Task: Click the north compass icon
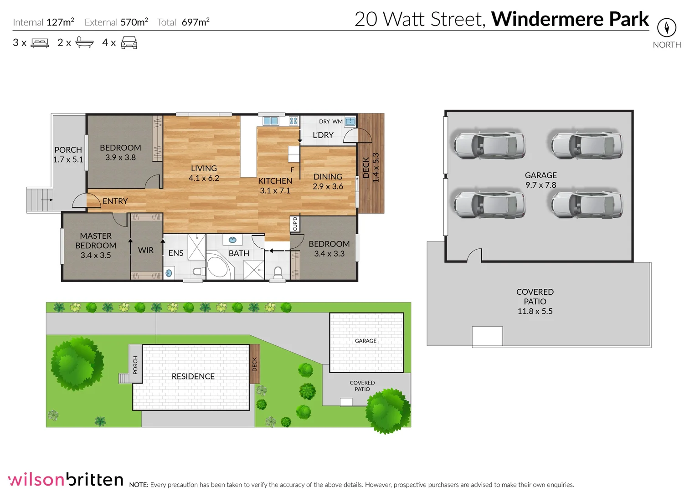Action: point(666,28)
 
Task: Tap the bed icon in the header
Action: point(40,43)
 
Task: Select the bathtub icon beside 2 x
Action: point(84,42)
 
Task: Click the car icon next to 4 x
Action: point(129,43)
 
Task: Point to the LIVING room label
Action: point(204,169)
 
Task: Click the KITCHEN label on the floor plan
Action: point(275,181)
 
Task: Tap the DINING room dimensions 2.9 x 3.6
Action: point(328,186)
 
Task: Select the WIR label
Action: point(146,250)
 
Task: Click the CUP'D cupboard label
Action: point(295,224)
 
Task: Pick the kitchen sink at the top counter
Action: point(270,121)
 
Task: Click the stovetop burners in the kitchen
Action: point(294,121)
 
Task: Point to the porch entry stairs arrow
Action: point(46,200)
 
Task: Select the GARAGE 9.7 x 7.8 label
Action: point(541,180)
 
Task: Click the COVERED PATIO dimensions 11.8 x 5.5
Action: point(535,311)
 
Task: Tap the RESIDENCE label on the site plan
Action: point(193,376)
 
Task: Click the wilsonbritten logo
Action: point(66,479)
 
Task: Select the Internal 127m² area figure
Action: point(60,22)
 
